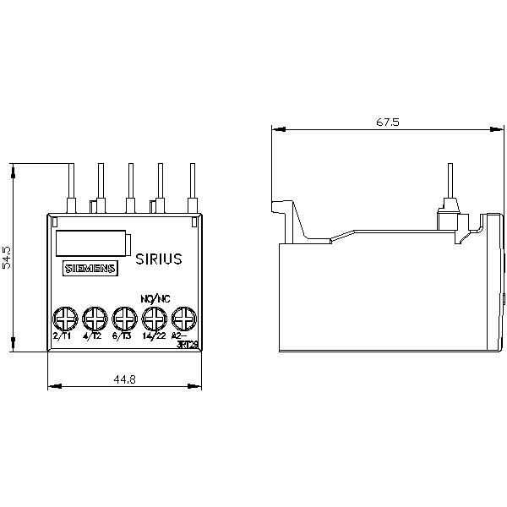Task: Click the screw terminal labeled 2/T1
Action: click(63, 319)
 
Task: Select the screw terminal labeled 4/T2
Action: click(93, 319)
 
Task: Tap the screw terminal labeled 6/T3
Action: click(123, 319)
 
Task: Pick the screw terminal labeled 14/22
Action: click(153, 319)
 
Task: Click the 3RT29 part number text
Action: click(189, 344)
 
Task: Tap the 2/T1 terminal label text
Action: click(62, 336)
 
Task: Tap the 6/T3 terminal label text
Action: click(122, 336)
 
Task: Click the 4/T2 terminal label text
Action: click(92, 336)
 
